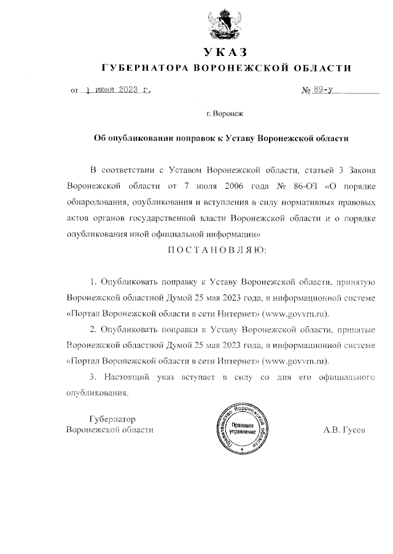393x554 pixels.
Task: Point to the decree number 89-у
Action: point(322,90)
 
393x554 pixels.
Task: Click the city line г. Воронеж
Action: point(225,114)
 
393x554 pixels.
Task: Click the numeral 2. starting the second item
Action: point(94,330)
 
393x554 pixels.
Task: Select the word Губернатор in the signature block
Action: point(112,418)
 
